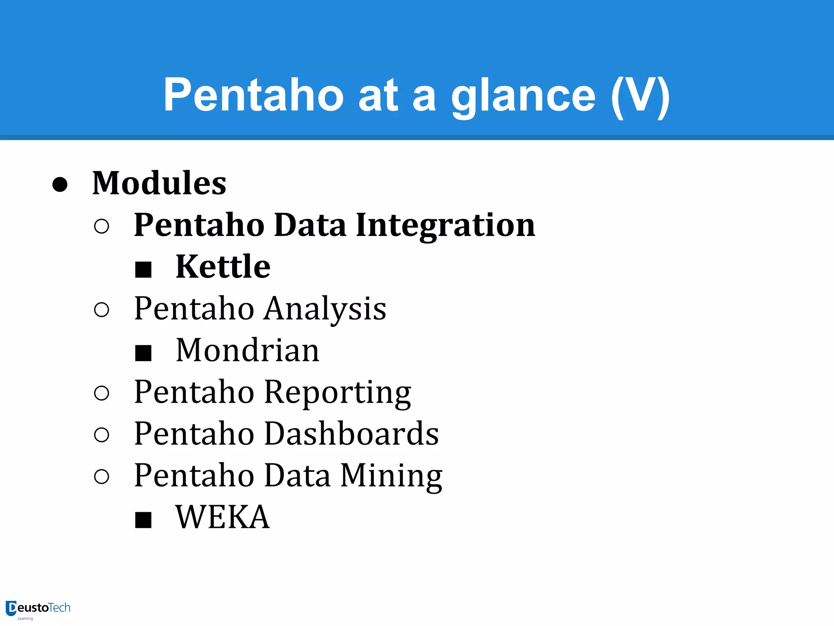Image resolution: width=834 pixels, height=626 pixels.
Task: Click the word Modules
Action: coord(159,183)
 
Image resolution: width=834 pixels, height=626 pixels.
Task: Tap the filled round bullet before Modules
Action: coord(60,184)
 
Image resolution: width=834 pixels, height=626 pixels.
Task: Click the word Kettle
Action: coord(223,267)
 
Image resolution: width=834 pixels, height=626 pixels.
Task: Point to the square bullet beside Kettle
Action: coord(143,269)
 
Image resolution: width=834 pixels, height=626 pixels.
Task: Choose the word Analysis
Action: coord(325,309)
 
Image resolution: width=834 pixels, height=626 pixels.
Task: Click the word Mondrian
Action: coord(248,350)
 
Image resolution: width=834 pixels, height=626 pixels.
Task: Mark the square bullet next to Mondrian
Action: coord(143,353)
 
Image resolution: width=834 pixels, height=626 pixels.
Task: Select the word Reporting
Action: coord(338,392)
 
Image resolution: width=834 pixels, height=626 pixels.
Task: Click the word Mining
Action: coord(391,475)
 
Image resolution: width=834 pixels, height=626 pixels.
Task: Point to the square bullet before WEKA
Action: coord(143,520)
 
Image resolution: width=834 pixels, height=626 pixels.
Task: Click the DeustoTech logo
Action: coord(38,609)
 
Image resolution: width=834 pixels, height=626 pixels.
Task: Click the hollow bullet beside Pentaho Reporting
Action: coord(101,393)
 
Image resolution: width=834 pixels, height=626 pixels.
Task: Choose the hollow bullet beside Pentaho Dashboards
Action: coord(101,435)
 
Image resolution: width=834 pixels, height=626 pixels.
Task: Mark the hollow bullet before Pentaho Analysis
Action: coord(101,310)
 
